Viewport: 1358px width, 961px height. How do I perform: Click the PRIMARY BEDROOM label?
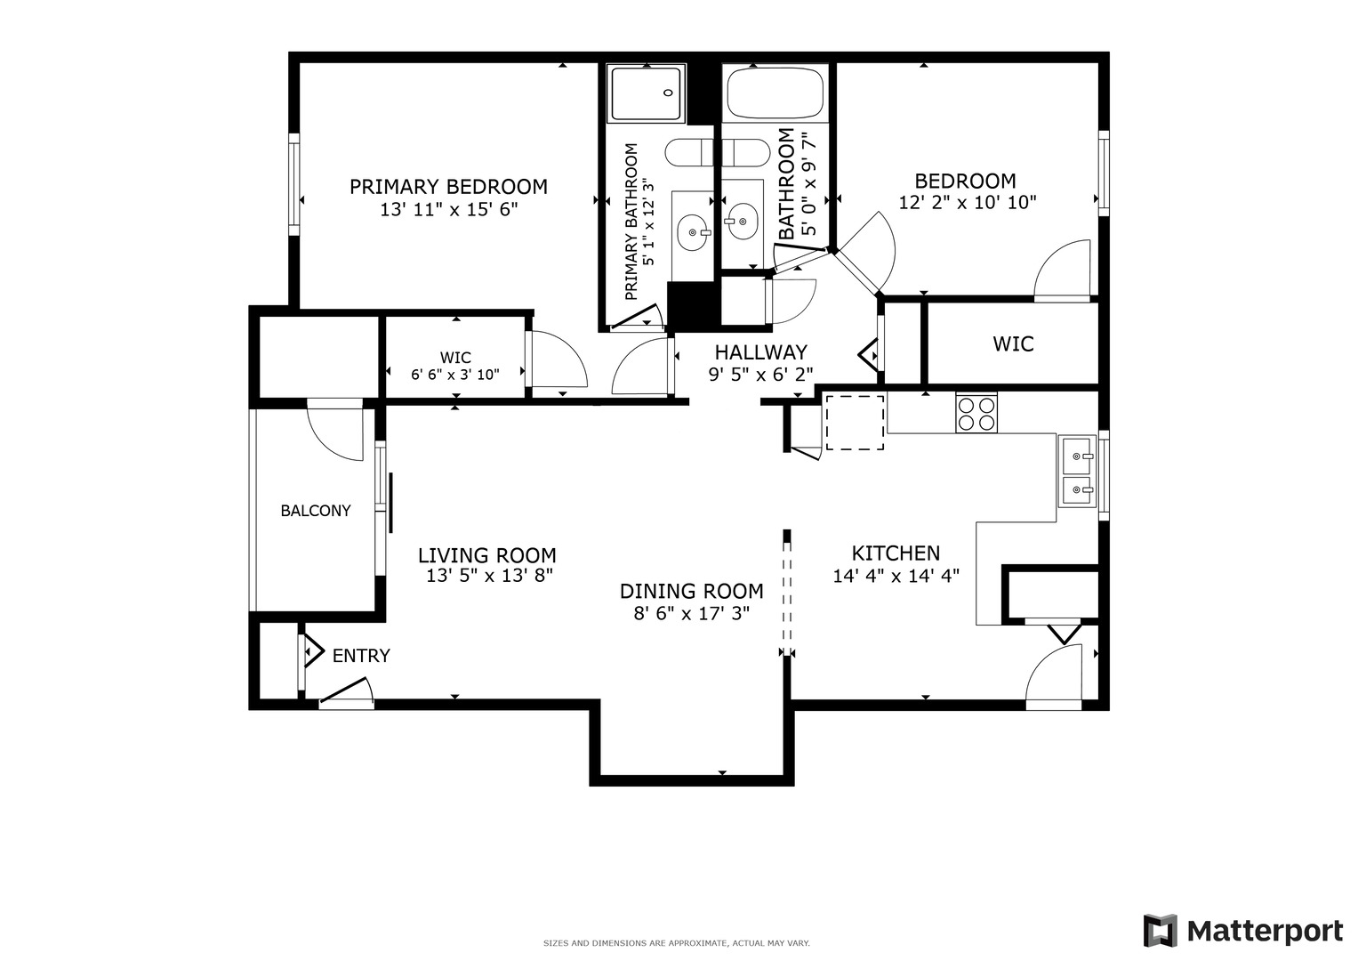coord(448,187)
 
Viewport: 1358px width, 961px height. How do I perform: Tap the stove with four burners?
coord(976,412)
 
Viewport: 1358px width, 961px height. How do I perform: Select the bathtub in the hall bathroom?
coord(775,93)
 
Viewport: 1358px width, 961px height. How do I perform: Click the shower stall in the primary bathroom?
coord(647,93)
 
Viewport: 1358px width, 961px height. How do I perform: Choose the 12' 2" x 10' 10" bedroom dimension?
coord(968,203)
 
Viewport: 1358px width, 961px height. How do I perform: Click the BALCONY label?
coord(316,511)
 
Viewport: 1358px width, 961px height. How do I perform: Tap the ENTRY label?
coord(361,656)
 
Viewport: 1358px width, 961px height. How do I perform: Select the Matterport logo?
coord(1243,931)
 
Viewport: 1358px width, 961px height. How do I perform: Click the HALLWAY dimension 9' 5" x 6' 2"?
coord(760,375)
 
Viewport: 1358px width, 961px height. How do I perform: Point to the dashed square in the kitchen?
coord(855,423)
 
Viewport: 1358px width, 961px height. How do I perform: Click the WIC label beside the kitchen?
coord(1013,343)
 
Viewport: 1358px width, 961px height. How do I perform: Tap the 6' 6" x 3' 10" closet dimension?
coord(455,375)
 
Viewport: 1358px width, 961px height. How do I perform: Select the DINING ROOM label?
coord(691,591)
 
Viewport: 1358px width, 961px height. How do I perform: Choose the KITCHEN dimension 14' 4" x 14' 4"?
coord(896,576)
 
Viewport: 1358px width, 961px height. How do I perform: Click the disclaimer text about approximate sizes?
coord(676,943)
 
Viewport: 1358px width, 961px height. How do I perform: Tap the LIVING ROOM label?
coord(487,556)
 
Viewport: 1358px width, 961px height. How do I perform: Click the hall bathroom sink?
coord(742,219)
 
